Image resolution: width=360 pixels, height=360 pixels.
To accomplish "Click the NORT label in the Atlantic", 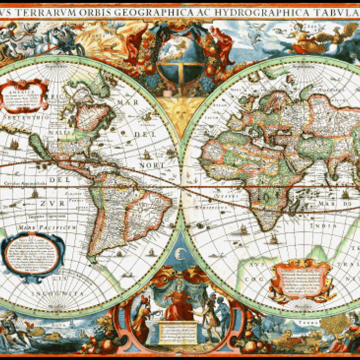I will point(152,165).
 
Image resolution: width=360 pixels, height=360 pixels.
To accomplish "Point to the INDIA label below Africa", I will point(319,225).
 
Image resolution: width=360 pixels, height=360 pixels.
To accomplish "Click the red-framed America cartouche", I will point(25,96).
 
